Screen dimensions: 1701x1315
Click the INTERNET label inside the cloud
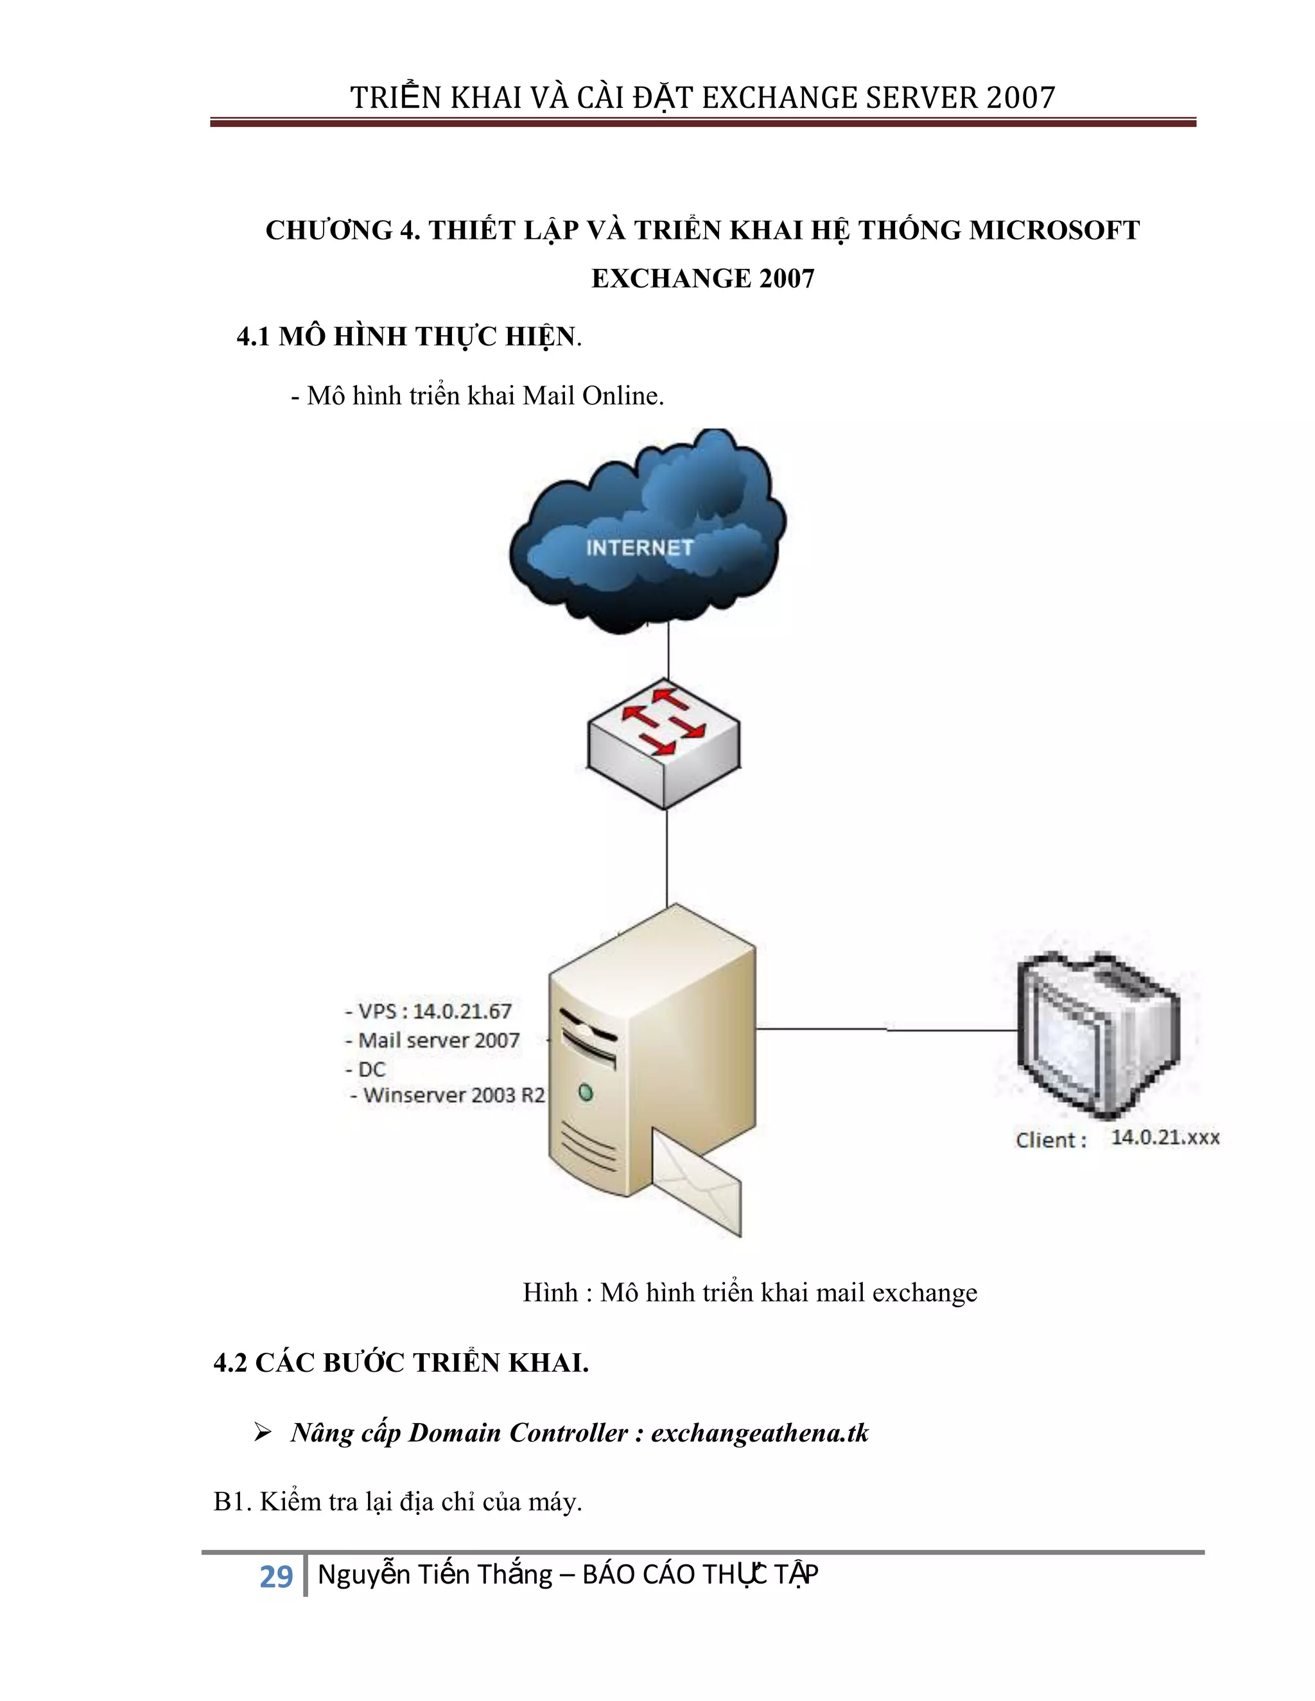pyautogui.click(x=639, y=548)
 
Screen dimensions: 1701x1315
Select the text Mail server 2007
pyautogui.click(x=439, y=1040)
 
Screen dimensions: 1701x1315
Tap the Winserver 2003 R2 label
pyautogui.click(x=453, y=1095)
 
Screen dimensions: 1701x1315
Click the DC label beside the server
pyautogui.click(x=372, y=1069)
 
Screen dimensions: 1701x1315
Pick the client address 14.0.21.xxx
pyautogui.click(x=1165, y=1137)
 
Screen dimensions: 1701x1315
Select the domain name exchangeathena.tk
pyautogui.click(x=760, y=1433)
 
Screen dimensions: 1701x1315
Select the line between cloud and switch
pyautogui.click(x=668, y=654)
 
